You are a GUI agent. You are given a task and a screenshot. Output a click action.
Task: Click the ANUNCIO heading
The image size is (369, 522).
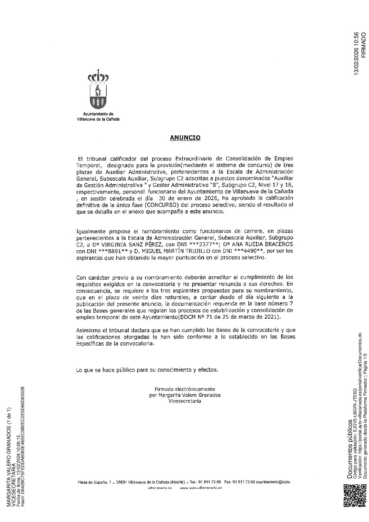[185, 138]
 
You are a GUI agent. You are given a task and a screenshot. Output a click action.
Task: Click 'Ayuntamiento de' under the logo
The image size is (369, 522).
[98, 114]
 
